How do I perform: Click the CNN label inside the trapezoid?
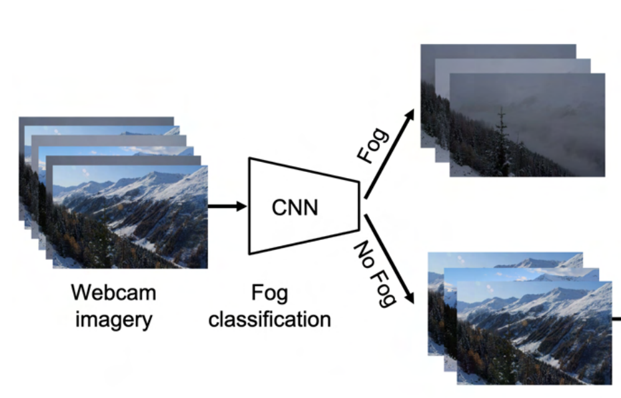pyautogui.click(x=295, y=208)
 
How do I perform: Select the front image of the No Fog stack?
pyautogui.click(x=534, y=333)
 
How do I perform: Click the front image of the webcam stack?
pyautogui.click(x=130, y=217)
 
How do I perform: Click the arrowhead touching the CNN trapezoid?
pyautogui.click(x=241, y=206)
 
